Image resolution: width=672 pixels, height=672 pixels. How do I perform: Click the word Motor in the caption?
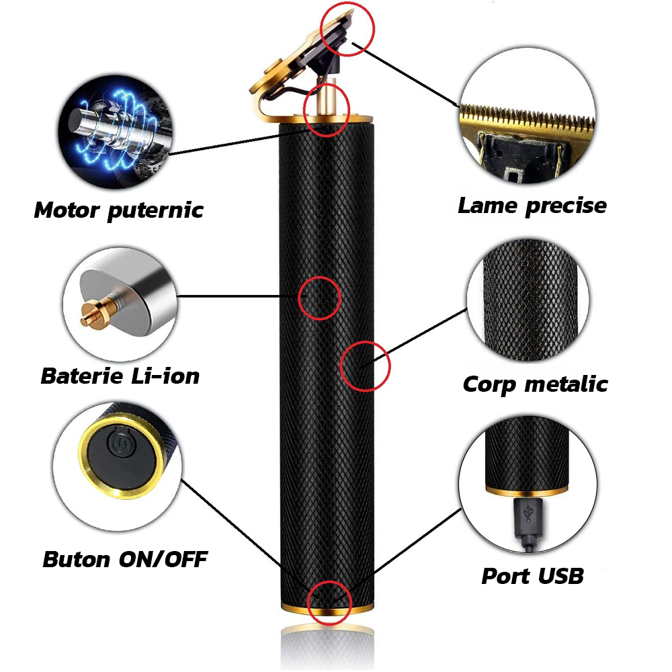pyautogui.click(x=67, y=210)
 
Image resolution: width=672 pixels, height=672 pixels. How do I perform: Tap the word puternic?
pyautogui.click(x=155, y=211)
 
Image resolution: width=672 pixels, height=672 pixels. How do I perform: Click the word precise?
pyautogui.click(x=566, y=206)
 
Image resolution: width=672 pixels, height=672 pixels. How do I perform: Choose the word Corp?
pyautogui.click(x=489, y=384)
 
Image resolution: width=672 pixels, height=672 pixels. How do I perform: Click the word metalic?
pyautogui.click(x=566, y=384)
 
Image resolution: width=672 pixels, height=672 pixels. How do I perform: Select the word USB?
pyautogui.click(x=561, y=576)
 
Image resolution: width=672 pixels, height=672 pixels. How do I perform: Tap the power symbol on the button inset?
pyautogui.click(x=119, y=444)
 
